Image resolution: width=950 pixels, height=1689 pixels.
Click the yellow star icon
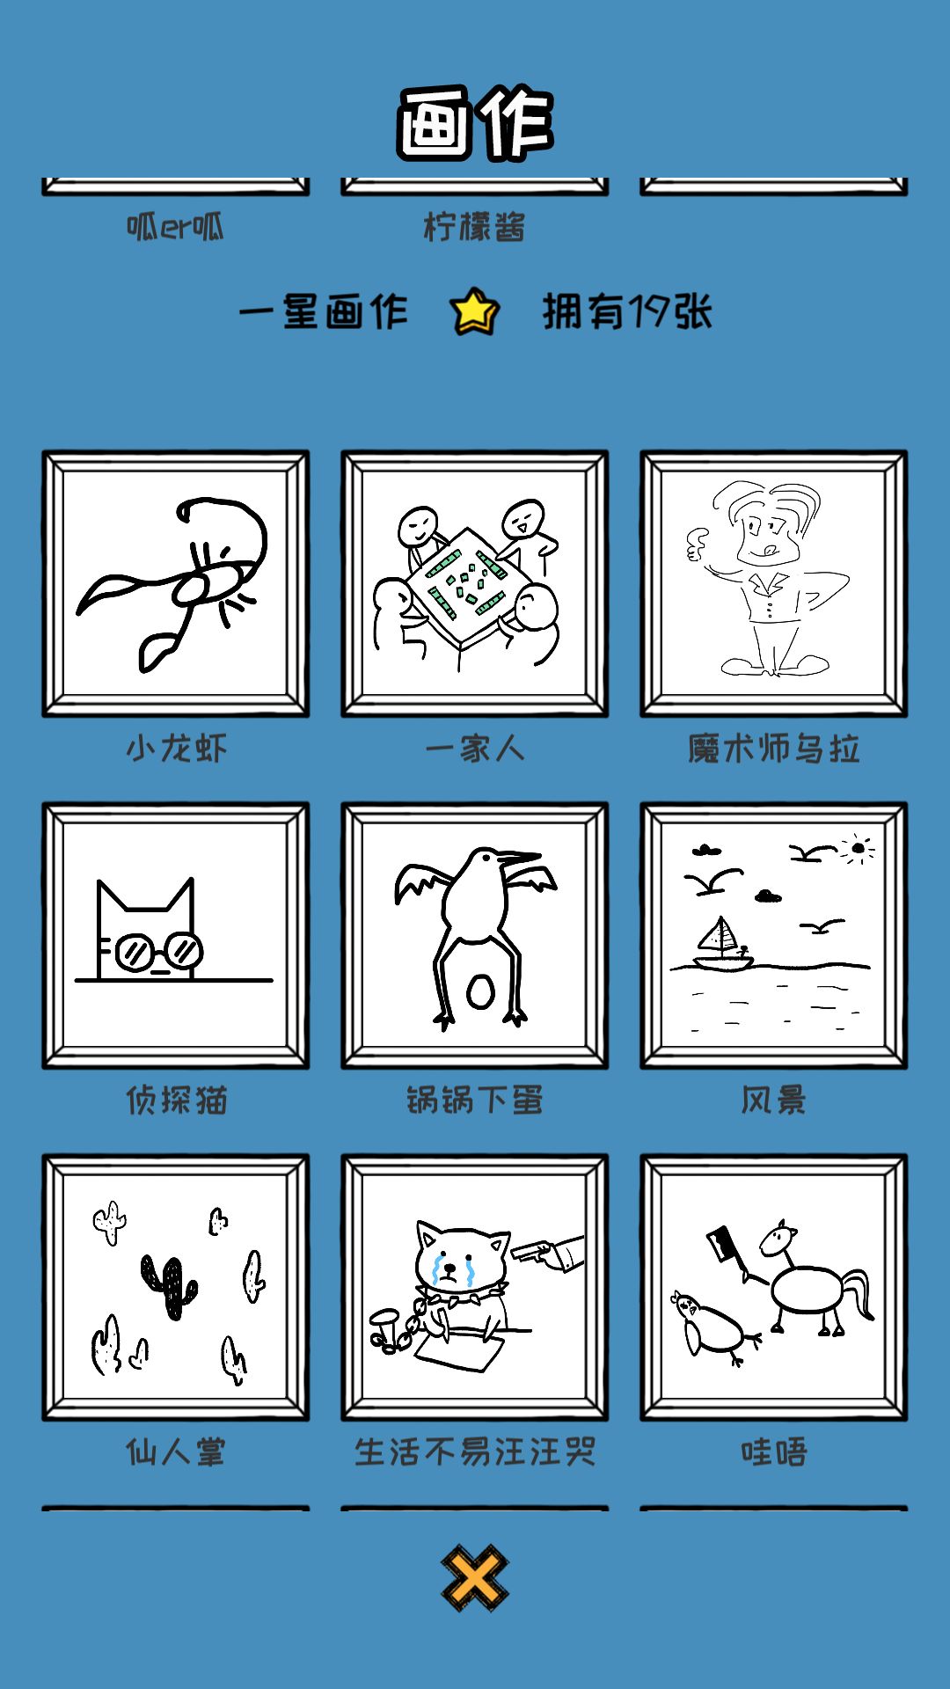[475, 311]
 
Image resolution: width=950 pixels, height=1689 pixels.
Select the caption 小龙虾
[176, 749]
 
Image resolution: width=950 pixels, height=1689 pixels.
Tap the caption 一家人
[475, 749]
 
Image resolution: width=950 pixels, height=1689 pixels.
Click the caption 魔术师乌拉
[774, 749]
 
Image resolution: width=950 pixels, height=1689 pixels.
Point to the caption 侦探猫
[176, 1100]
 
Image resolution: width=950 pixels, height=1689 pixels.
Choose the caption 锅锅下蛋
[475, 1100]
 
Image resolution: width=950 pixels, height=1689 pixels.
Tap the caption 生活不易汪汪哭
[475, 1451]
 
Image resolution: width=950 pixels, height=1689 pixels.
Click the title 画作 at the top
[475, 123]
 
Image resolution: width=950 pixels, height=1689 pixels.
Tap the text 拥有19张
[627, 311]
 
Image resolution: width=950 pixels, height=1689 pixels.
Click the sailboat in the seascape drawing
[723, 944]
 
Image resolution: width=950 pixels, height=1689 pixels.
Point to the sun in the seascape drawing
[858, 849]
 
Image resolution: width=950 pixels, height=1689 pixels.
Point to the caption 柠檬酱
[475, 227]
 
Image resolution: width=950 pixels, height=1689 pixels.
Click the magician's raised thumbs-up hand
[697, 545]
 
